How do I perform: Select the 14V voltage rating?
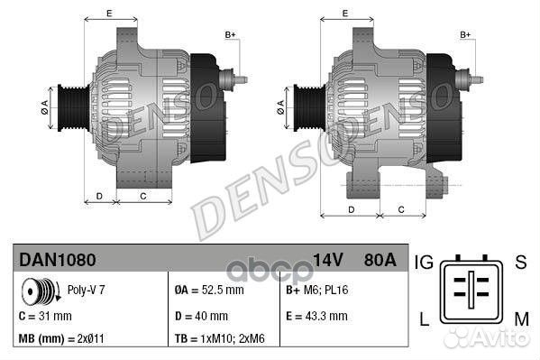click(329, 260)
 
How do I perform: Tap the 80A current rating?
click(378, 260)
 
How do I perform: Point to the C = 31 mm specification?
click(45, 316)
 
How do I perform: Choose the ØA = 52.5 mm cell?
click(209, 291)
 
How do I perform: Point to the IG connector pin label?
click(425, 263)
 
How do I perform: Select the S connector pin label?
click(519, 263)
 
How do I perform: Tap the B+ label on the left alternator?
click(230, 34)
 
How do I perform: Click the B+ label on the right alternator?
click(466, 34)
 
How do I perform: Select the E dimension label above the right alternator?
click(345, 14)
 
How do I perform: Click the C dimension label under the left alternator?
click(142, 195)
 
